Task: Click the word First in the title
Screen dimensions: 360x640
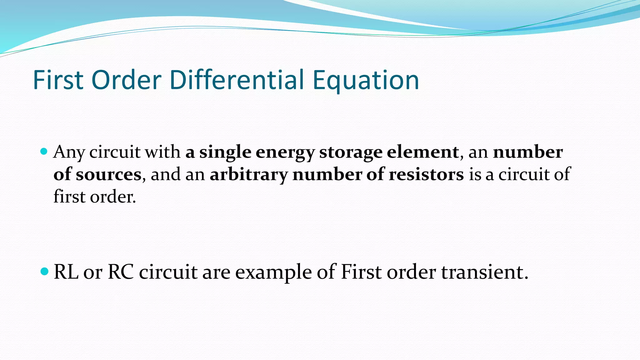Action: coord(58,80)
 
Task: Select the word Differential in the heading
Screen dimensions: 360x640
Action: coord(237,80)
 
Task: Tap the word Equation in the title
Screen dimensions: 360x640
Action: coord(366,80)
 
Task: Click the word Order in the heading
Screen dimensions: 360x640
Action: coord(126,80)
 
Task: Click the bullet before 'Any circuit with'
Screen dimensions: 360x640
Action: coord(44,152)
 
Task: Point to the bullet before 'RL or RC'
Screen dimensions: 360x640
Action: coord(45,271)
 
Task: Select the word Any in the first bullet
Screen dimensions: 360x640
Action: coord(69,152)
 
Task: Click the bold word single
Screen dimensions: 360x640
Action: coord(225,152)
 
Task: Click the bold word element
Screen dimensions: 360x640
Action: coord(423,152)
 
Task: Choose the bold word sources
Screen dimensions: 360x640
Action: coord(108,174)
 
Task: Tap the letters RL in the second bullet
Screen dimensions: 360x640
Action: coord(66,272)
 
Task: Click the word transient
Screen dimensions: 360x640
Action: coord(484,272)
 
